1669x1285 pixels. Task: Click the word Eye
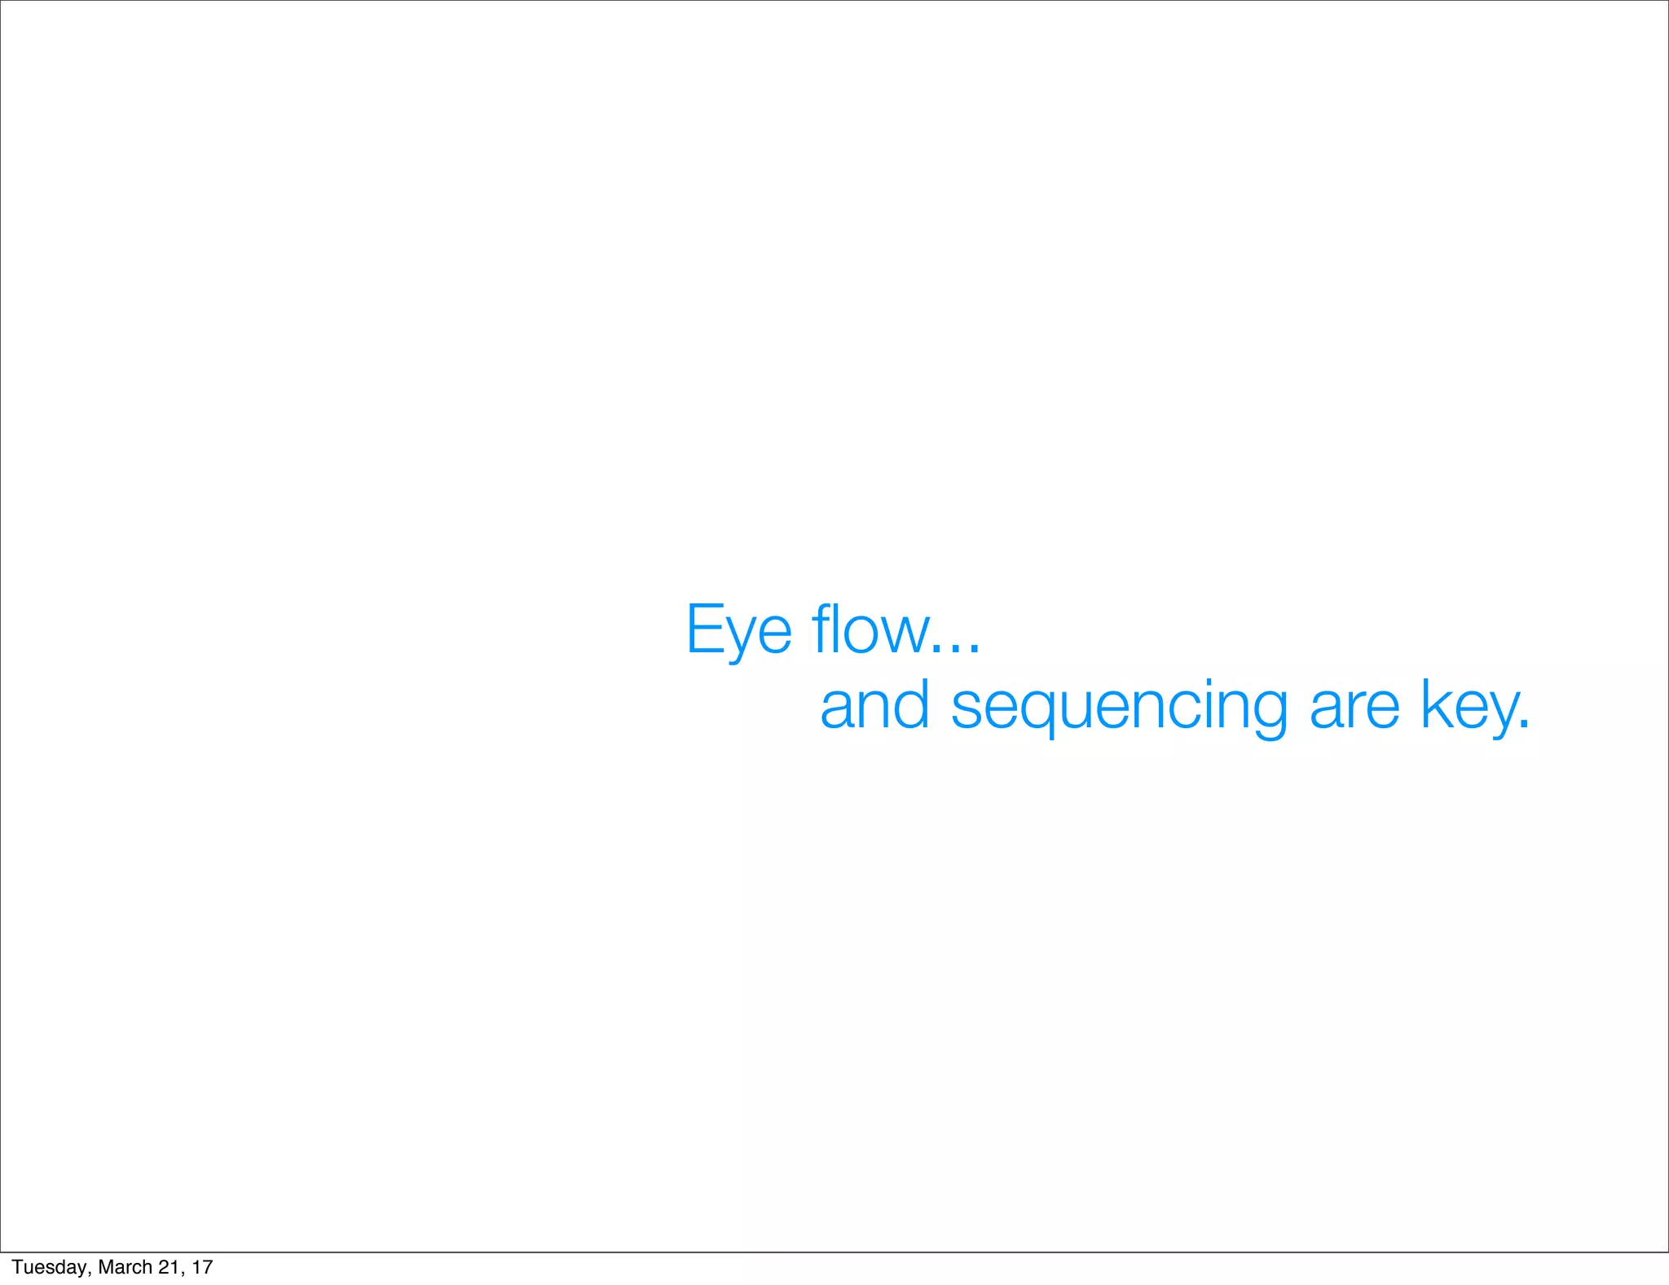click(738, 629)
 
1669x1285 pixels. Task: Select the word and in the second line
click(874, 705)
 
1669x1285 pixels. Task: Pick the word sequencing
click(1119, 707)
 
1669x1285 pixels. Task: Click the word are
click(1354, 706)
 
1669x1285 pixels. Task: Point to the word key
click(1469, 706)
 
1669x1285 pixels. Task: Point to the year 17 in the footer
click(202, 1267)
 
